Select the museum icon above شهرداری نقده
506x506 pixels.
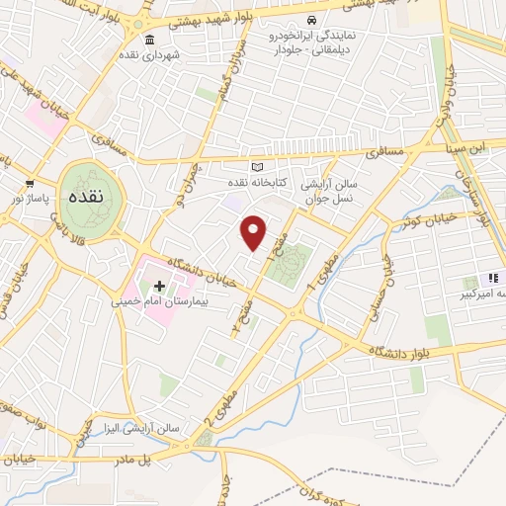point(149,41)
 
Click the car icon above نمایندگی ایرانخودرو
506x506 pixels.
point(312,21)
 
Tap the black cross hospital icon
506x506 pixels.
point(160,285)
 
